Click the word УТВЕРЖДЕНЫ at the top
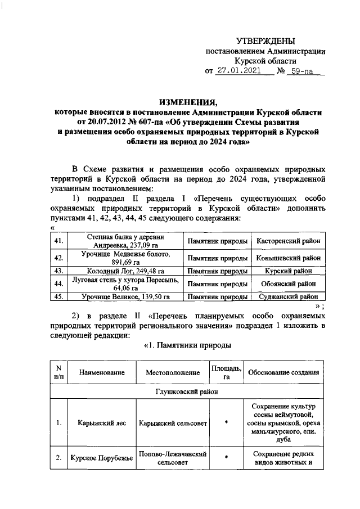coord(264,40)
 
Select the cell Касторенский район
coord(289,241)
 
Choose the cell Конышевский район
coord(289,258)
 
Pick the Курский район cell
coord(289,271)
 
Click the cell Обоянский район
coord(289,283)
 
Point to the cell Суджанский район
coord(289,296)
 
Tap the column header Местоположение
coord(173,372)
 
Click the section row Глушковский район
coord(188,391)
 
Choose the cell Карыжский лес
coord(94,422)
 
